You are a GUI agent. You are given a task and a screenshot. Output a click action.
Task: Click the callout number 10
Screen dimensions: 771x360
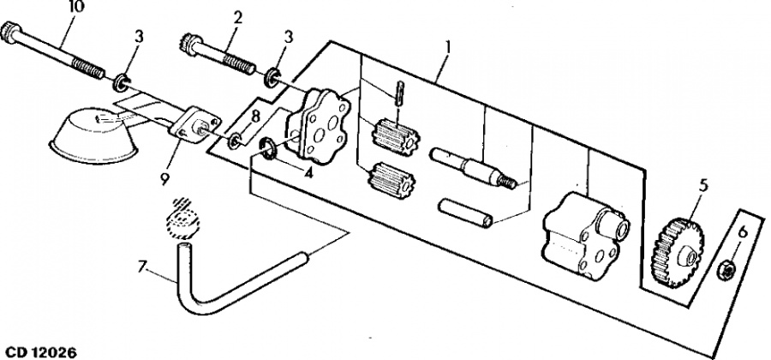[x=77, y=6]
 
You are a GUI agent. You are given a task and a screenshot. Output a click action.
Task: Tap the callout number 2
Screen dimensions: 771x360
[x=237, y=18]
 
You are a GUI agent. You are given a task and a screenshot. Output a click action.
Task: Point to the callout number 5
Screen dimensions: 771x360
[x=703, y=186]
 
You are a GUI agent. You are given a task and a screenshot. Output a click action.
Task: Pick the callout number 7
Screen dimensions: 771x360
[x=142, y=267]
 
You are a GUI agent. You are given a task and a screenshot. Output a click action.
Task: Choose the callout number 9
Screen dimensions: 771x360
[x=164, y=179]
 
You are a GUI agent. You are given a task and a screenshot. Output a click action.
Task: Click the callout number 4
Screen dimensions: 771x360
[x=308, y=173]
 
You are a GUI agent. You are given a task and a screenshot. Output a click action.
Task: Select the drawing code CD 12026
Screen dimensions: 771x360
[x=41, y=352]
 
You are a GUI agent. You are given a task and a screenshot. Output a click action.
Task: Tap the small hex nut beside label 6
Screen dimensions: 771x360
[x=726, y=271]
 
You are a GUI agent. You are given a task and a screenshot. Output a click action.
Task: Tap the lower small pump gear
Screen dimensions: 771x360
[x=391, y=179]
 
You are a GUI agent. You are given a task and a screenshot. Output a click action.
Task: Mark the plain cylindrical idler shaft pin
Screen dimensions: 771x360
[x=464, y=212]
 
